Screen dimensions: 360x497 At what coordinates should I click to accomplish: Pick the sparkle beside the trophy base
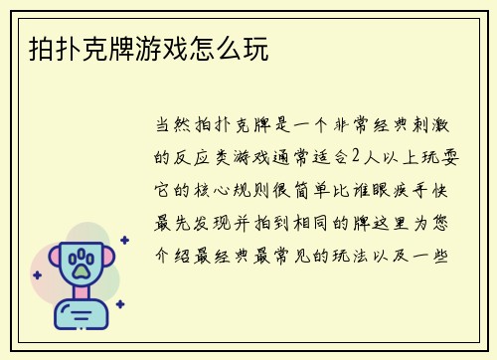pos(119,304)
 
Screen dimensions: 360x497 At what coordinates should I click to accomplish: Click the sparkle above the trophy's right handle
pos(123,240)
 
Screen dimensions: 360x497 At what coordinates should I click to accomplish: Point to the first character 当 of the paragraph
pos(164,127)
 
